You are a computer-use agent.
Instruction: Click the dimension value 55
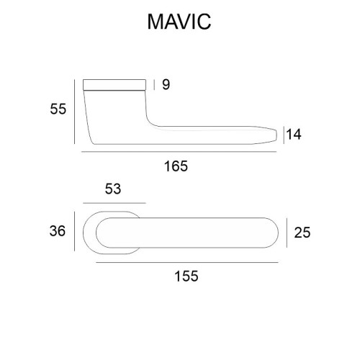[x=58, y=109]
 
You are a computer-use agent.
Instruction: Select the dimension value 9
[x=166, y=85]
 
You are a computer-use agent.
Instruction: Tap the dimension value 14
[x=293, y=134]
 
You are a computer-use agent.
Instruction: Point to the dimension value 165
[x=175, y=166]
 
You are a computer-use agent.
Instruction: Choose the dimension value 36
[x=58, y=231]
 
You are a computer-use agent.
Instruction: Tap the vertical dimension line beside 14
[x=284, y=134]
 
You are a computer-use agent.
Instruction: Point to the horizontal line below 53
[x=114, y=203]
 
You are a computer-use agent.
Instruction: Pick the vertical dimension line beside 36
[x=75, y=232]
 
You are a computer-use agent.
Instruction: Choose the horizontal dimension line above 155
[x=186, y=263]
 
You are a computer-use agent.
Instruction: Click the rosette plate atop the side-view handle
[x=115, y=83]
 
